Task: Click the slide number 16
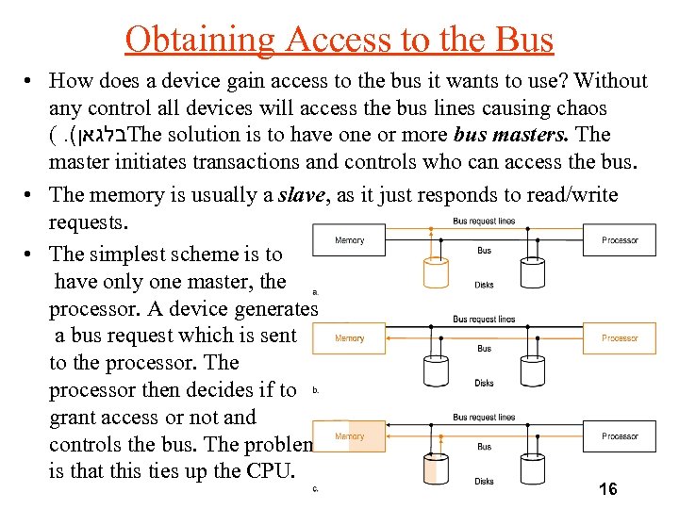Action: (608, 488)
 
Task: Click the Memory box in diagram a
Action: (349, 240)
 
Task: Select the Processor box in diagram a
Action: (620, 240)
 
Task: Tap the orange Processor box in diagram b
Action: (620, 337)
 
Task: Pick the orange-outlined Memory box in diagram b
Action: (349, 338)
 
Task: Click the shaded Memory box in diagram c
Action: (349, 436)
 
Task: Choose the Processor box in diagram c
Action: (620, 436)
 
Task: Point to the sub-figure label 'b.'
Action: (315, 389)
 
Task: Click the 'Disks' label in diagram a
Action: (484, 285)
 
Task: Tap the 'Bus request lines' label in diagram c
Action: (484, 417)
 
